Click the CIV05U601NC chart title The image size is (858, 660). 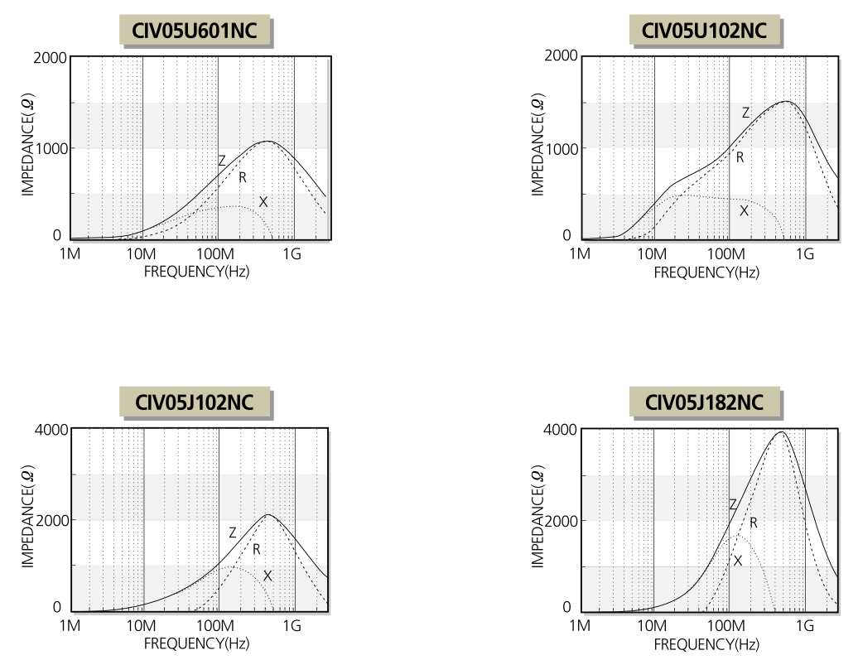coord(196,31)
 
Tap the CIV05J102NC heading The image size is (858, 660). coord(195,402)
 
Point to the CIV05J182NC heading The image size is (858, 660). coord(704,402)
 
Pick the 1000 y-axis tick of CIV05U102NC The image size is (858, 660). coord(558,148)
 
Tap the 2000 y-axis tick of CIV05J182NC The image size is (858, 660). coord(558,521)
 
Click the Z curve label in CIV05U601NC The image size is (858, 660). coord(222,161)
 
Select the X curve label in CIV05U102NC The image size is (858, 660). coord(744,210)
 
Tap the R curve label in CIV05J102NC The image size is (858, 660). coord(257,549)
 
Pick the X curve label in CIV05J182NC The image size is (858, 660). coord(737,561)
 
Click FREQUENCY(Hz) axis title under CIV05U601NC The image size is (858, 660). coord(196,271)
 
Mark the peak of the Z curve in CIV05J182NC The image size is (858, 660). coord(780,431)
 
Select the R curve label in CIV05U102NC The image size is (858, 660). coord(740,157)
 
